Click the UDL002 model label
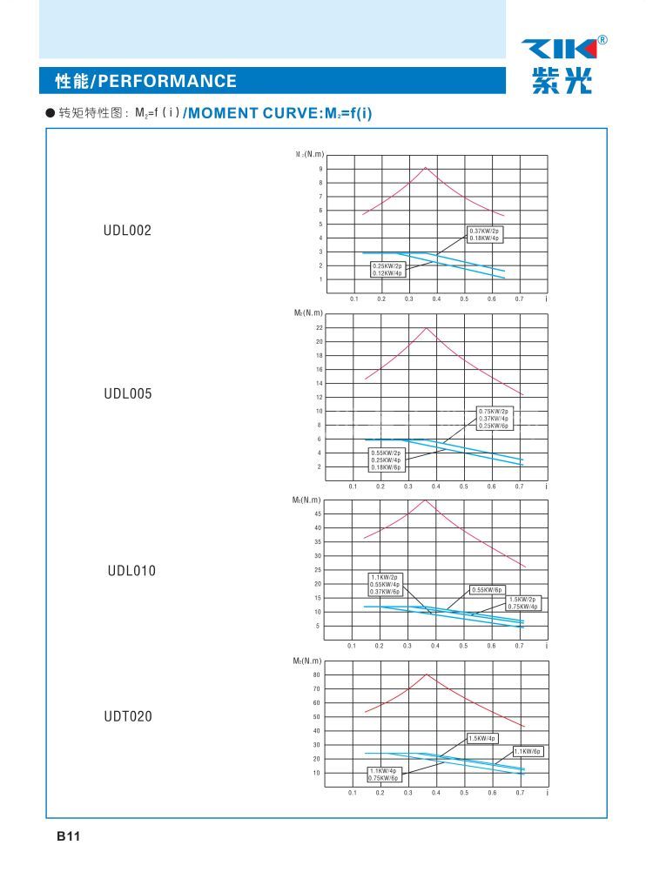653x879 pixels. (127, 231)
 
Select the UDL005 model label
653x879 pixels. (127, 393)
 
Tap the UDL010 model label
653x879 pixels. (131, 571)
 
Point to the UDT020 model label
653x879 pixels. (127, 716)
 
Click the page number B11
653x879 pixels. (69, 836)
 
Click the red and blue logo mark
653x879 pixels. (559, 49)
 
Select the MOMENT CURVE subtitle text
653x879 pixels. (279, 113)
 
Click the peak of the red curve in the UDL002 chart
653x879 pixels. (425, 167)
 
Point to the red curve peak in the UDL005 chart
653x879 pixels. (426, 327)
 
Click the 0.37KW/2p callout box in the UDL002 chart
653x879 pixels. (484, 234)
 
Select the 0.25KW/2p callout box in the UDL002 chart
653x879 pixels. (387, 269)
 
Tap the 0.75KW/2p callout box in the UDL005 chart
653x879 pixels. (494, 418)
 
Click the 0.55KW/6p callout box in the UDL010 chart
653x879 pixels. (488, 589)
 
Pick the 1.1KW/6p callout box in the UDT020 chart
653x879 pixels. (528, 751)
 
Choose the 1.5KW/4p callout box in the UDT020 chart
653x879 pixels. (481, 738)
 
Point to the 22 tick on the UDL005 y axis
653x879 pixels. (320, 327)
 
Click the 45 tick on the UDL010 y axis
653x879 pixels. (319, 513)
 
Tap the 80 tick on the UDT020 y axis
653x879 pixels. (317, 674)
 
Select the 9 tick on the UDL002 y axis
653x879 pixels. (320, 168)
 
